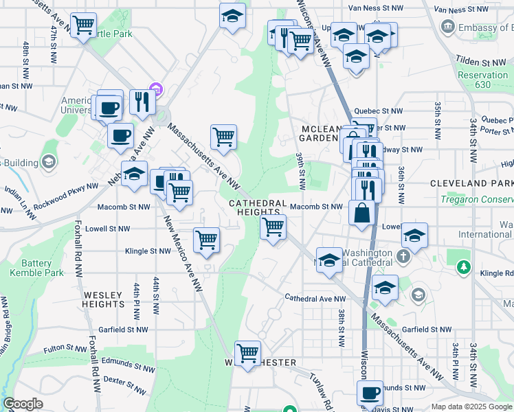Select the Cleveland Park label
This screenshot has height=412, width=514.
471,184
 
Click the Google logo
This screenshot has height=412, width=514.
23,404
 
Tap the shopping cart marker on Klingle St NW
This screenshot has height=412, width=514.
206,240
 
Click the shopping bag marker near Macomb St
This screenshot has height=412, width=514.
361,213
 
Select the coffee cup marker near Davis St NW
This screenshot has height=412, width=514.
370,393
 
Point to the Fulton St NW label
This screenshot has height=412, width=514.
63,350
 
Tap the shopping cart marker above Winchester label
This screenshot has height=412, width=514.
247,353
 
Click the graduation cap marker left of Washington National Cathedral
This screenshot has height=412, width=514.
329,260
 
